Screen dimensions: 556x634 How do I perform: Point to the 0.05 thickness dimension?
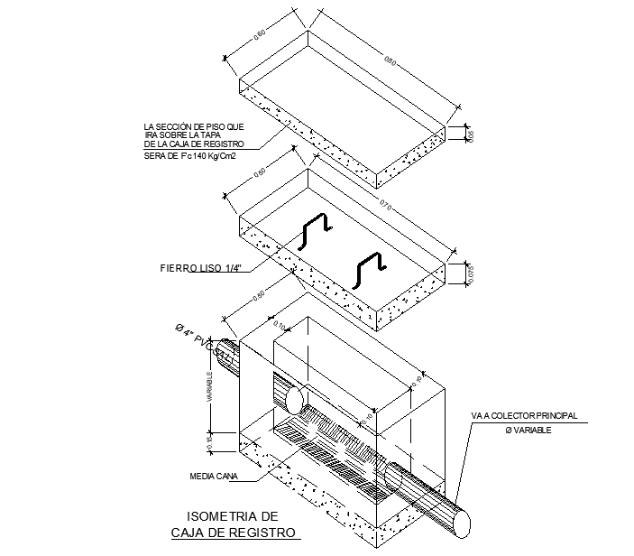pyautogui.click(x=470, y=135)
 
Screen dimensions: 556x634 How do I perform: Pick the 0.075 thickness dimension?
pyautogui.click(x=470, y=274)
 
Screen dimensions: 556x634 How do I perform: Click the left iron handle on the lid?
pyautogui.click(x=315, y=231)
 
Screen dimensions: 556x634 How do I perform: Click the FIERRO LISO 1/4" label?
pyautogui.click(x=204, y=267)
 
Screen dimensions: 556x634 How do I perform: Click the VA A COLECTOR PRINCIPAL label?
pyautogui.click(x=523, y=416)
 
